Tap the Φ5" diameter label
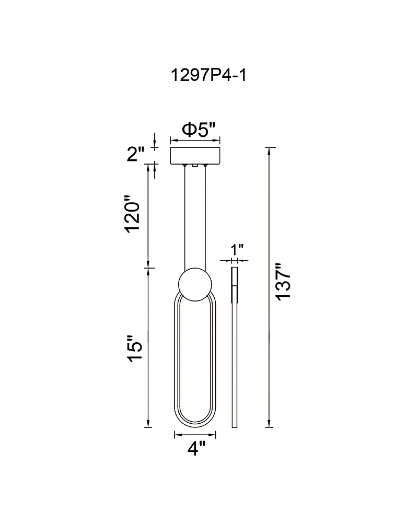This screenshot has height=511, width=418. (x=198, y=129)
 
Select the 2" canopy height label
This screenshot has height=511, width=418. (x=135, y=154)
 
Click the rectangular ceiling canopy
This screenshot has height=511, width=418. (x=195, y=156)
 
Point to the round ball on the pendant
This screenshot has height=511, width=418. (x=195, y=285)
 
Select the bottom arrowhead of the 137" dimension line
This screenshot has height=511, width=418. (x=269, y=424)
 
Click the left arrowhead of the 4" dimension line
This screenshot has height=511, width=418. (x=177, y=434)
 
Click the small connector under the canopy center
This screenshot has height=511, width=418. (x=195, y=166)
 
